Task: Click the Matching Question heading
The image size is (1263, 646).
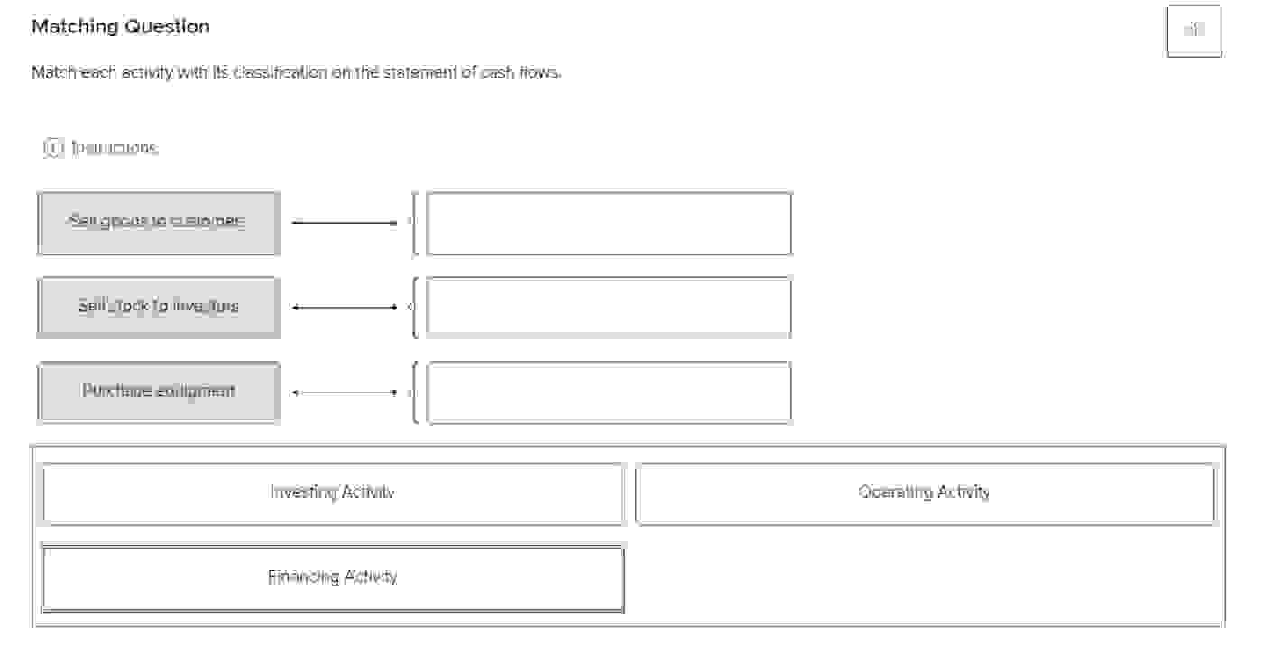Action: [x=121, y=27]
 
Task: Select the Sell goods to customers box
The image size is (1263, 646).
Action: [x=159, y=223]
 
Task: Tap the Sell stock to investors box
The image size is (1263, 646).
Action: [x=159, y=308]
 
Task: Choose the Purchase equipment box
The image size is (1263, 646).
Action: [x=159, y=392]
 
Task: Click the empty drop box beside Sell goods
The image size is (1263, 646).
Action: [x=609, y=223]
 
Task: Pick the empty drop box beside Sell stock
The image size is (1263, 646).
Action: [x=609, y=308]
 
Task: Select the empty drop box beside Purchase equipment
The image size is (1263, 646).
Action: [x=609, y=392]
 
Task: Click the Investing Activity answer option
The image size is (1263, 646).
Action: [x=333, y=493]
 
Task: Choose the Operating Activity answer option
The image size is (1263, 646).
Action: [x=925, y=493]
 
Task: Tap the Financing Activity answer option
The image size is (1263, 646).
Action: [x=333, y=577]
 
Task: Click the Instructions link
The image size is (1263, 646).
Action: [x=115, y=148]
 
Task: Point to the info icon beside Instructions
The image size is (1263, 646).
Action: [x=53, y=148]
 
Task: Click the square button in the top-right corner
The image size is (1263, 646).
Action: [x=1194, y=32]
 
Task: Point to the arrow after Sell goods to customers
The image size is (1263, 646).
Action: [x=345, y=223]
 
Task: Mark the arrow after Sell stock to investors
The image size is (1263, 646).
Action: [x=345, y=308]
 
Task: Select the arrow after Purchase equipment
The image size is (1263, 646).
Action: [x=345, y=392]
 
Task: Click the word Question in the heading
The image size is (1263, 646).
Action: [x=167, y=27]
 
